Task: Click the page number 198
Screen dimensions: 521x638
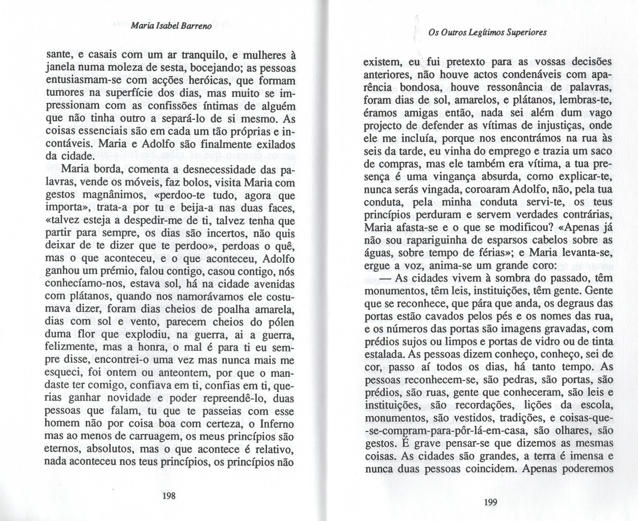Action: click(169, 496)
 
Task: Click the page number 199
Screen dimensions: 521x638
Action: click(490, 502)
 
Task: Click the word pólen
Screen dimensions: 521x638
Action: click(282, 322)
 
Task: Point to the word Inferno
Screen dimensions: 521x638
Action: click(277, 424)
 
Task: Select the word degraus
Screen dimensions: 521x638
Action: click(568, 304)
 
